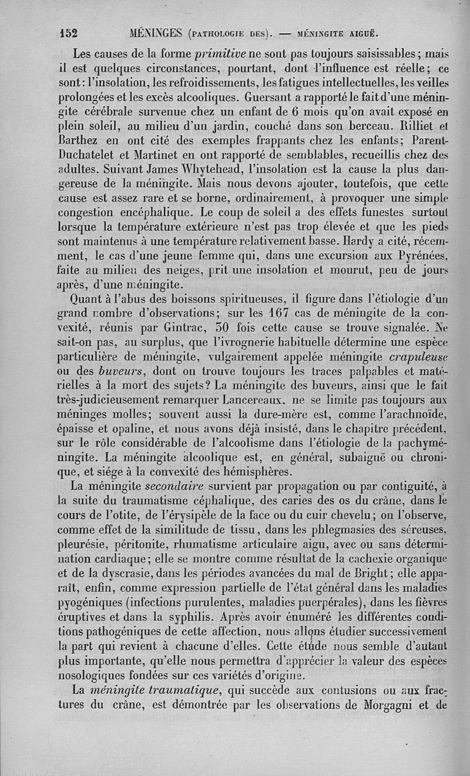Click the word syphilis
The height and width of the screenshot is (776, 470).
pos(197,616)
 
